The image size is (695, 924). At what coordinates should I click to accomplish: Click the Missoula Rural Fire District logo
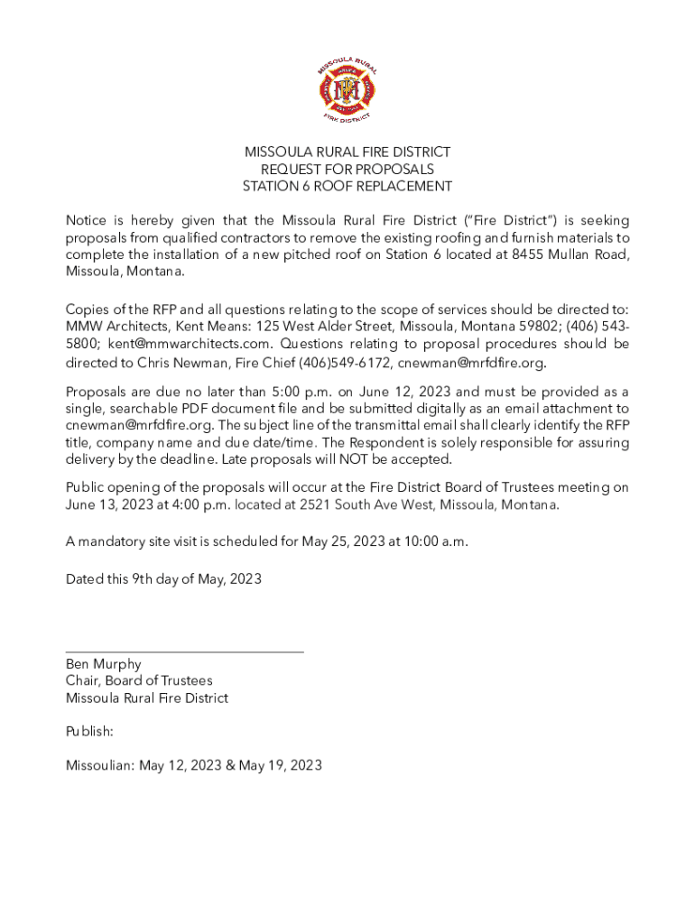click(347, 89)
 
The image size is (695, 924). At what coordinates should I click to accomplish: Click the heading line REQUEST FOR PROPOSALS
click(347, 170)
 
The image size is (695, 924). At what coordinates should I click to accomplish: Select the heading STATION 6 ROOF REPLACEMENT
click(347, 187)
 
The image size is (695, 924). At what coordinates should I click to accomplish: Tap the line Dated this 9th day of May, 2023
click(163, 579)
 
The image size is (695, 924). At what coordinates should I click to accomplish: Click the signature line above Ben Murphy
click(184, 651)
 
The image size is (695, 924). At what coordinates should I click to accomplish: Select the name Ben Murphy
click(103, 664)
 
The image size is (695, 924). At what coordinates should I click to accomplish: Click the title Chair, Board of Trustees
click(139, 681)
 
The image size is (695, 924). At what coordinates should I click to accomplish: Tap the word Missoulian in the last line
click(99, 766)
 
